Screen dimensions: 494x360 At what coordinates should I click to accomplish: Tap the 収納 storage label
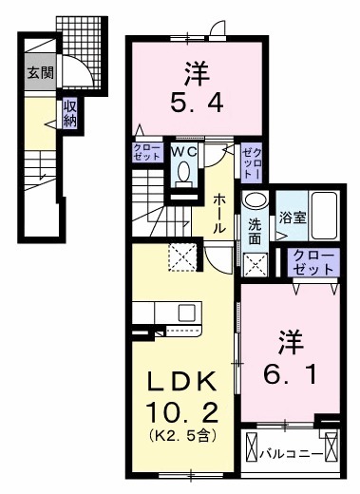click(x=70, y=114)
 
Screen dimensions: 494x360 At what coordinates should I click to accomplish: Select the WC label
click(x=183, y=149)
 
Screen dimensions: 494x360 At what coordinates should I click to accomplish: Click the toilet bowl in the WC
click(x=184, y=172)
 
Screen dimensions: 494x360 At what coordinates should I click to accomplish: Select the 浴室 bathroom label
click(x=292, y=216)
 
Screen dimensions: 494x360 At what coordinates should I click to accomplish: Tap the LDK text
click(x=185, y=383)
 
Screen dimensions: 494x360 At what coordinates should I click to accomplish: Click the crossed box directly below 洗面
click(x=255, y=264)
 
